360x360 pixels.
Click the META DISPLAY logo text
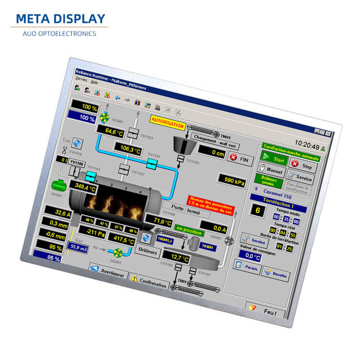tap(60, 19)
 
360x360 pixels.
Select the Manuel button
tap(271, 171)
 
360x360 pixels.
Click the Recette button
tap(275, 273)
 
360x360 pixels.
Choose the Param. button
tap(247, 267)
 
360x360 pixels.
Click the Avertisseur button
tap(108, 272)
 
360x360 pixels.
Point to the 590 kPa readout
tap(232, 180)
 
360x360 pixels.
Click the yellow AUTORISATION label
tap(167, 123)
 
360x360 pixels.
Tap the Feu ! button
tap(268, 310)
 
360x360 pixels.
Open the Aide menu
tap(94, 82)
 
